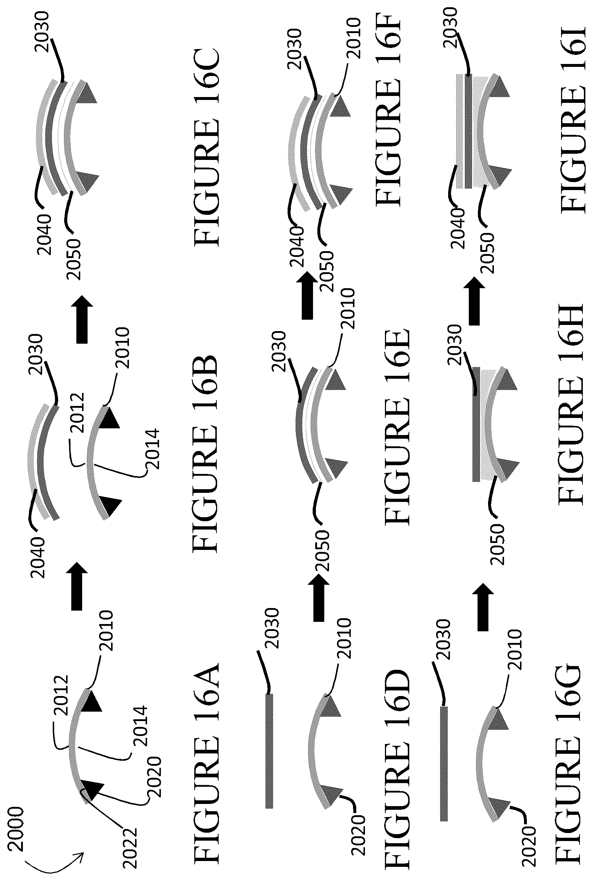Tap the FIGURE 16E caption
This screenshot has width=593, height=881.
click(x=397, y=426)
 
